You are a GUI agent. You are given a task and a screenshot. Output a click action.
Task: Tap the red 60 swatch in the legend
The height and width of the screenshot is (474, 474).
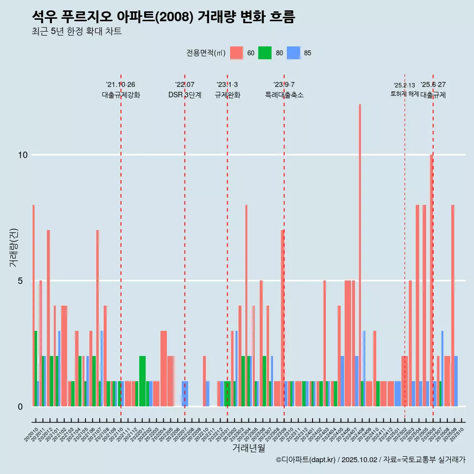click(x=237, y=53)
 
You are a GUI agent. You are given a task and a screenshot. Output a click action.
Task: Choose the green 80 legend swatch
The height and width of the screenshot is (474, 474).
click(x=265, y=53)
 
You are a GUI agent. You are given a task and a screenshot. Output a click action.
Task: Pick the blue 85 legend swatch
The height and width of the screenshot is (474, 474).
click(x=294, y=53)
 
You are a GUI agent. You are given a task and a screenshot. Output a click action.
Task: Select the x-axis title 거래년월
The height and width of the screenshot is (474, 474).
click(x=248, y=448)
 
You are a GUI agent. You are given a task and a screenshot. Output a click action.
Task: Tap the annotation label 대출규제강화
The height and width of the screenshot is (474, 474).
click(x=121, y=95)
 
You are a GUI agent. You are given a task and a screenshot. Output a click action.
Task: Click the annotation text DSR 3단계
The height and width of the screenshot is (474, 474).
click(x=185, y=95)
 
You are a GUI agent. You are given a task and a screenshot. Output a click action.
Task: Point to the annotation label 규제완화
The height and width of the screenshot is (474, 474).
click(x=227, y=95)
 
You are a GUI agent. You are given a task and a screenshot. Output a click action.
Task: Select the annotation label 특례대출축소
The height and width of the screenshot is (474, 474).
click(x=284, y=95)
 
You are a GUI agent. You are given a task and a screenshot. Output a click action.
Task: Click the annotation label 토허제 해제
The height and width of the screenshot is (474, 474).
click(x=404, y=94)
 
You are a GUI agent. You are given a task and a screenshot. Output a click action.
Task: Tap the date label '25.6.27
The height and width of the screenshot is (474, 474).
click(x=433, y=85)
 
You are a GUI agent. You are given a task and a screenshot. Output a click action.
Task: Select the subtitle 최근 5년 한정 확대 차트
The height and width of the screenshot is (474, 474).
click(x=77, y=32)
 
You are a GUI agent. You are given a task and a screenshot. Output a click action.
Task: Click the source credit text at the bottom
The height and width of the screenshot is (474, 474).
click(x=370, y=460)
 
